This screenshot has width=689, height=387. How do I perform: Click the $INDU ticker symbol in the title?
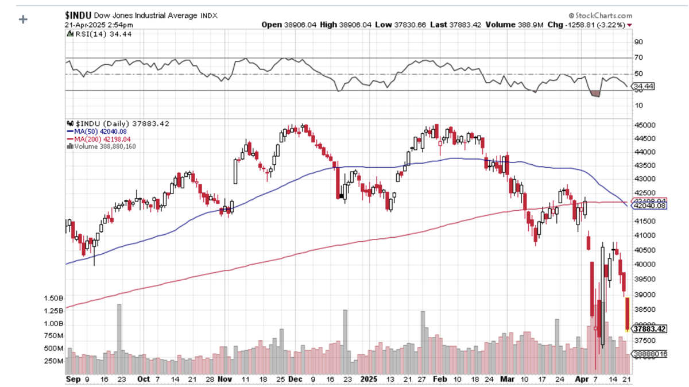click(78, 16)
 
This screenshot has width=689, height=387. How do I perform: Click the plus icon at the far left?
click(24, 20)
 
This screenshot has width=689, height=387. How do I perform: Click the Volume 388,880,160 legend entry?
click(102, 146)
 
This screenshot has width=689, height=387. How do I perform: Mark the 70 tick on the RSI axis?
click(638, 58)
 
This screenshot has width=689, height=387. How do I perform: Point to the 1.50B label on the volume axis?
click(53, 299)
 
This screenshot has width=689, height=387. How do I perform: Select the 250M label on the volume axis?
click(53, 361)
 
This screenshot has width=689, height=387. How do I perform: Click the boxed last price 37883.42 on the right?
click(649, 329)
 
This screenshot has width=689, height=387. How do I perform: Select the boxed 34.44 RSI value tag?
click(643, 87)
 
